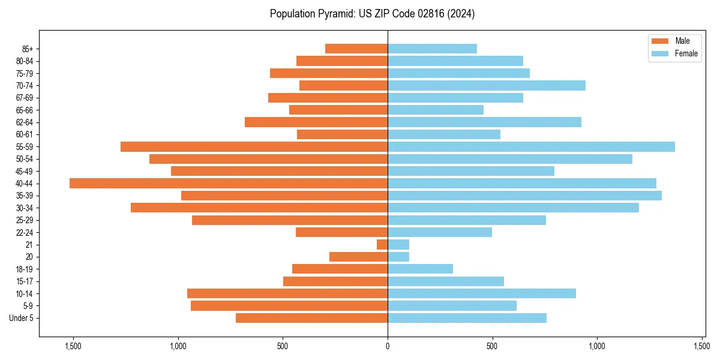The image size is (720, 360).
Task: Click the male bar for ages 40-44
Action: tap(228, 183)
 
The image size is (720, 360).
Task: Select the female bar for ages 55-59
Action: tap(531, 146)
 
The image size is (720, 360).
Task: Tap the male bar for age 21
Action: tap(382, 244)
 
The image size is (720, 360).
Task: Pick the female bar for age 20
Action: tap(398, 257)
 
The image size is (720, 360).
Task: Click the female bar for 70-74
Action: tap(486, 85)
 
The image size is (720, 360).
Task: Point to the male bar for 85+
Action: tap(356, 49)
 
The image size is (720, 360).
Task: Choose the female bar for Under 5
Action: tap(467, 318)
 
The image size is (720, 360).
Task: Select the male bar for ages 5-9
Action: tap(289, 305)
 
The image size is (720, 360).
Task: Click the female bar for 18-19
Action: tap(420, 269)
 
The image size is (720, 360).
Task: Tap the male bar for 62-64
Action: tap(316, 122)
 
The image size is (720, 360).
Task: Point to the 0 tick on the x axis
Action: tap(388, 346)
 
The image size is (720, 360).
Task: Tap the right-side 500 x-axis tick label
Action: tap(492, 346)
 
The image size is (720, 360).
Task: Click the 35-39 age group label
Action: tap(24, 196)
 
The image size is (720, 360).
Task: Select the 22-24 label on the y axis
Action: tap(24, 232)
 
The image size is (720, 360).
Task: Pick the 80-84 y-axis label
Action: tap(24, 61)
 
